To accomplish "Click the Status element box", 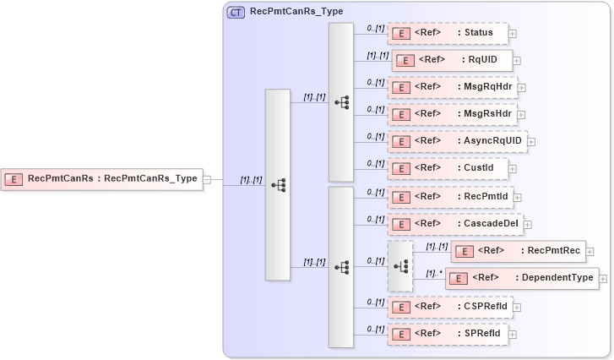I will click(448, 33).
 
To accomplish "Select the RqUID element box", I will click(452, 60).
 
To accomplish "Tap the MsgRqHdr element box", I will click(453, 87).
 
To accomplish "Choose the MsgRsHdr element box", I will click(453, 114).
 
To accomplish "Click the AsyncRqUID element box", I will click(457, 141).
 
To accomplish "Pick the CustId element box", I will click(448, 168).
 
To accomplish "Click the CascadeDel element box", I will click(456, 224).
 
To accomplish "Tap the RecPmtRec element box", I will click(518, 251).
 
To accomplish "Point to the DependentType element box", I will click(522, 278).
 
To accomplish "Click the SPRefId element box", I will click(448, 334).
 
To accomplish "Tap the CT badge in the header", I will click(236, 12).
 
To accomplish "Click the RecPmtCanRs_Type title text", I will click(290, 12).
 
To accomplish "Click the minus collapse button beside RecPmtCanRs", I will click(208, 179).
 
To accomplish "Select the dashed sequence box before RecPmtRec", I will click(400, 265).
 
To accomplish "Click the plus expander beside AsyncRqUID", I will click(531, 142).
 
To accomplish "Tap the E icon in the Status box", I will click(403, 33).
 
